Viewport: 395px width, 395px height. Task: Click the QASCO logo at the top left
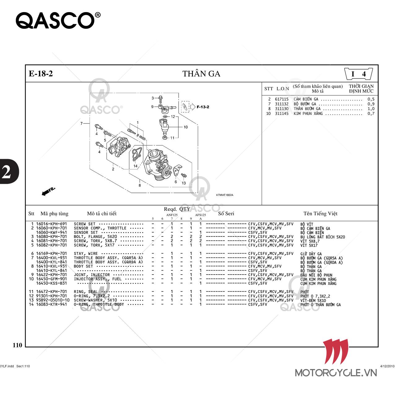click(x=58, y=20)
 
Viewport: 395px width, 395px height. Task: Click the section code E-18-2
click(x=41, y=74)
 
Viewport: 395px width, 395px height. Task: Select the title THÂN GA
click(x=201, y=74)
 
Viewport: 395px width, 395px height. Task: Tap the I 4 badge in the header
click(x=358, y=74)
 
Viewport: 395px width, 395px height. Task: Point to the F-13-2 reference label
click(x=203, y=107)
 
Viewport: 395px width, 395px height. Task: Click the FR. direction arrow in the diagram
click(x=48, y=191)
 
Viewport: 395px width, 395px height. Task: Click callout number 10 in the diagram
click(x=185, y=127)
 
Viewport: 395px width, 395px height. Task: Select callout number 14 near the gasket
click(x=135, y=166)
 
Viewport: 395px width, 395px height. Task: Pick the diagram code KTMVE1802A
click(x=225, y=195)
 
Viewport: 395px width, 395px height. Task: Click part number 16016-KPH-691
click(x=51, y=224)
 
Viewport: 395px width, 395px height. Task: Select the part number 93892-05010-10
click(x=53, y=300)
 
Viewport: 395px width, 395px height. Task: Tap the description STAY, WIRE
click(x=86, y=254)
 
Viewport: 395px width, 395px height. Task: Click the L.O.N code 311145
click(x=282, y=114)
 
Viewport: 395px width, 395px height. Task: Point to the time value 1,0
click(x=371, y=109)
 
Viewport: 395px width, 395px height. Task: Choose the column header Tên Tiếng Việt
click(x=320, y=214)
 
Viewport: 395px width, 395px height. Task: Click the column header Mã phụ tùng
click(x=54, y=214)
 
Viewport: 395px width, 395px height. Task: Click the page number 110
click(x=17, y=345)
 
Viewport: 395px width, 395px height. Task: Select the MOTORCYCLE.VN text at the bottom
click(x=336, y=373)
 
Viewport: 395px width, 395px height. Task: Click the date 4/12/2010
click(x=387, y=366)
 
